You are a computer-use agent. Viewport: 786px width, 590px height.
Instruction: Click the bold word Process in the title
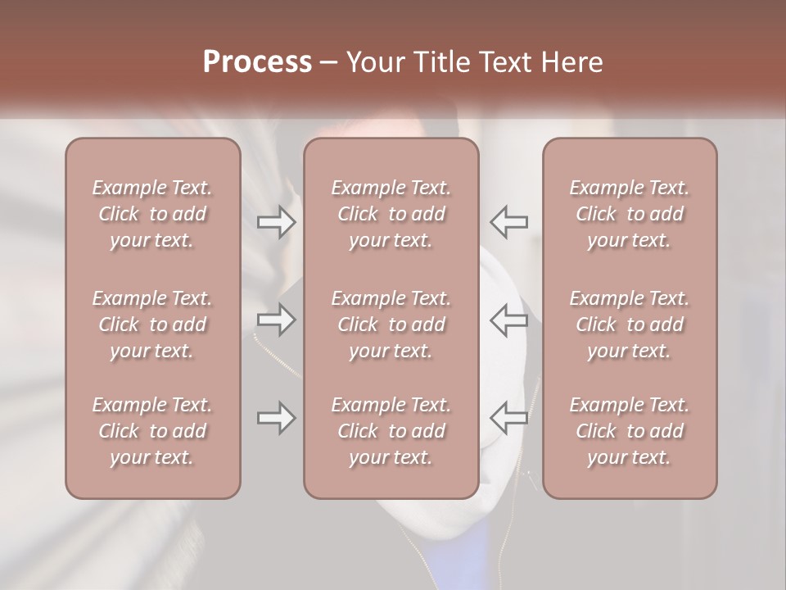point(257,62)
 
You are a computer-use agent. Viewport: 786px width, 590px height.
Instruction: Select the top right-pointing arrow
point(277,221)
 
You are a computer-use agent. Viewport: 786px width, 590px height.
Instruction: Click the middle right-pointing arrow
point(277,320)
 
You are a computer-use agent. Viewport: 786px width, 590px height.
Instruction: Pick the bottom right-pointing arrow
point(277,418)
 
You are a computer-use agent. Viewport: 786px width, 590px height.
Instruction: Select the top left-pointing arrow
point(508,221)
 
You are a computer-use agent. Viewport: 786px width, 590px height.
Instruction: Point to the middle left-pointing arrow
point(508,320)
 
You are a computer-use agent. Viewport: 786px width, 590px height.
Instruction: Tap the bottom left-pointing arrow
point(508,418)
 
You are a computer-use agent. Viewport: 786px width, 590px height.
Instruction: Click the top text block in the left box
point(152,214)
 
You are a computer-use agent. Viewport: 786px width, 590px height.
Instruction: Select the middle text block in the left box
point(152,324)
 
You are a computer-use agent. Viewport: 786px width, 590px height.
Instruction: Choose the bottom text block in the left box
point(152,431)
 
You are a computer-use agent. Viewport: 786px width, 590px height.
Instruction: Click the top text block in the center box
point(391,214)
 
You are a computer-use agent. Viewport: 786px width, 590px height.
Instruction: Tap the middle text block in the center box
point(391,324)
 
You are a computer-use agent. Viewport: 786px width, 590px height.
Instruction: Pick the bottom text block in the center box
point(391,431)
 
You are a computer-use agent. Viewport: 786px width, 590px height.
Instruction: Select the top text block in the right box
point(630,214)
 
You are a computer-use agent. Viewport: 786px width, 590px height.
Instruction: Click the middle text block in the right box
point(630,324)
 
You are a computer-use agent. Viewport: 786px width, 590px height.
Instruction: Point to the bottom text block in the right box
point(630,431)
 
